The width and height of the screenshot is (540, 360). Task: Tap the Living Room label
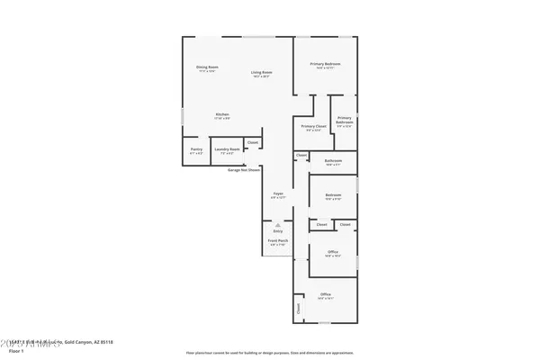(262, 73)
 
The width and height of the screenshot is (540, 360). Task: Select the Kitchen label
(221, 114)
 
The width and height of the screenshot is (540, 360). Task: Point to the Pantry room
(195, 152)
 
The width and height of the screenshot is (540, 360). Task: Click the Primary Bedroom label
(326, 65)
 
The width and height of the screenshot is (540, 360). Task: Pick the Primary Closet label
(314, 127)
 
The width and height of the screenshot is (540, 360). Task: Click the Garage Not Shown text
(244, 169)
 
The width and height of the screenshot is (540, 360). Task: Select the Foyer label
(280, 194)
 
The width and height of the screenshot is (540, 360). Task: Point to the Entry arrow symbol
(277, 224)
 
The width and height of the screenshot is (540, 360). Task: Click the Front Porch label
(277, 242)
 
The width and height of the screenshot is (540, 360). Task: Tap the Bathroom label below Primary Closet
(333, 161)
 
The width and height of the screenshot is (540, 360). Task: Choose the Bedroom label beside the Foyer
(333, 195)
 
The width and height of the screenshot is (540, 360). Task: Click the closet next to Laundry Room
(253, 143)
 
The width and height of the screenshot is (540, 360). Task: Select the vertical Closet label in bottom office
(298, 308)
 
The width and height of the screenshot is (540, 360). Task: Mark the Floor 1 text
(10, 351)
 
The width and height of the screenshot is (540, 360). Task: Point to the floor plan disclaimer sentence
(269, 353)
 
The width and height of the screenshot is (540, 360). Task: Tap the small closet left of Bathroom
(301, 156)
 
